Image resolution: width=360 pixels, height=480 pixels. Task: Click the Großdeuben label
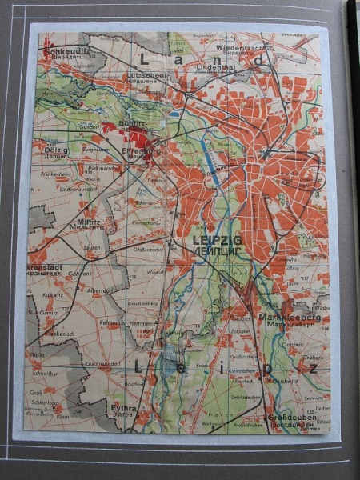(x=293, y=418)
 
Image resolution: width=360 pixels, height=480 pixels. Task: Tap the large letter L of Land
(x=145, y=58)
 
